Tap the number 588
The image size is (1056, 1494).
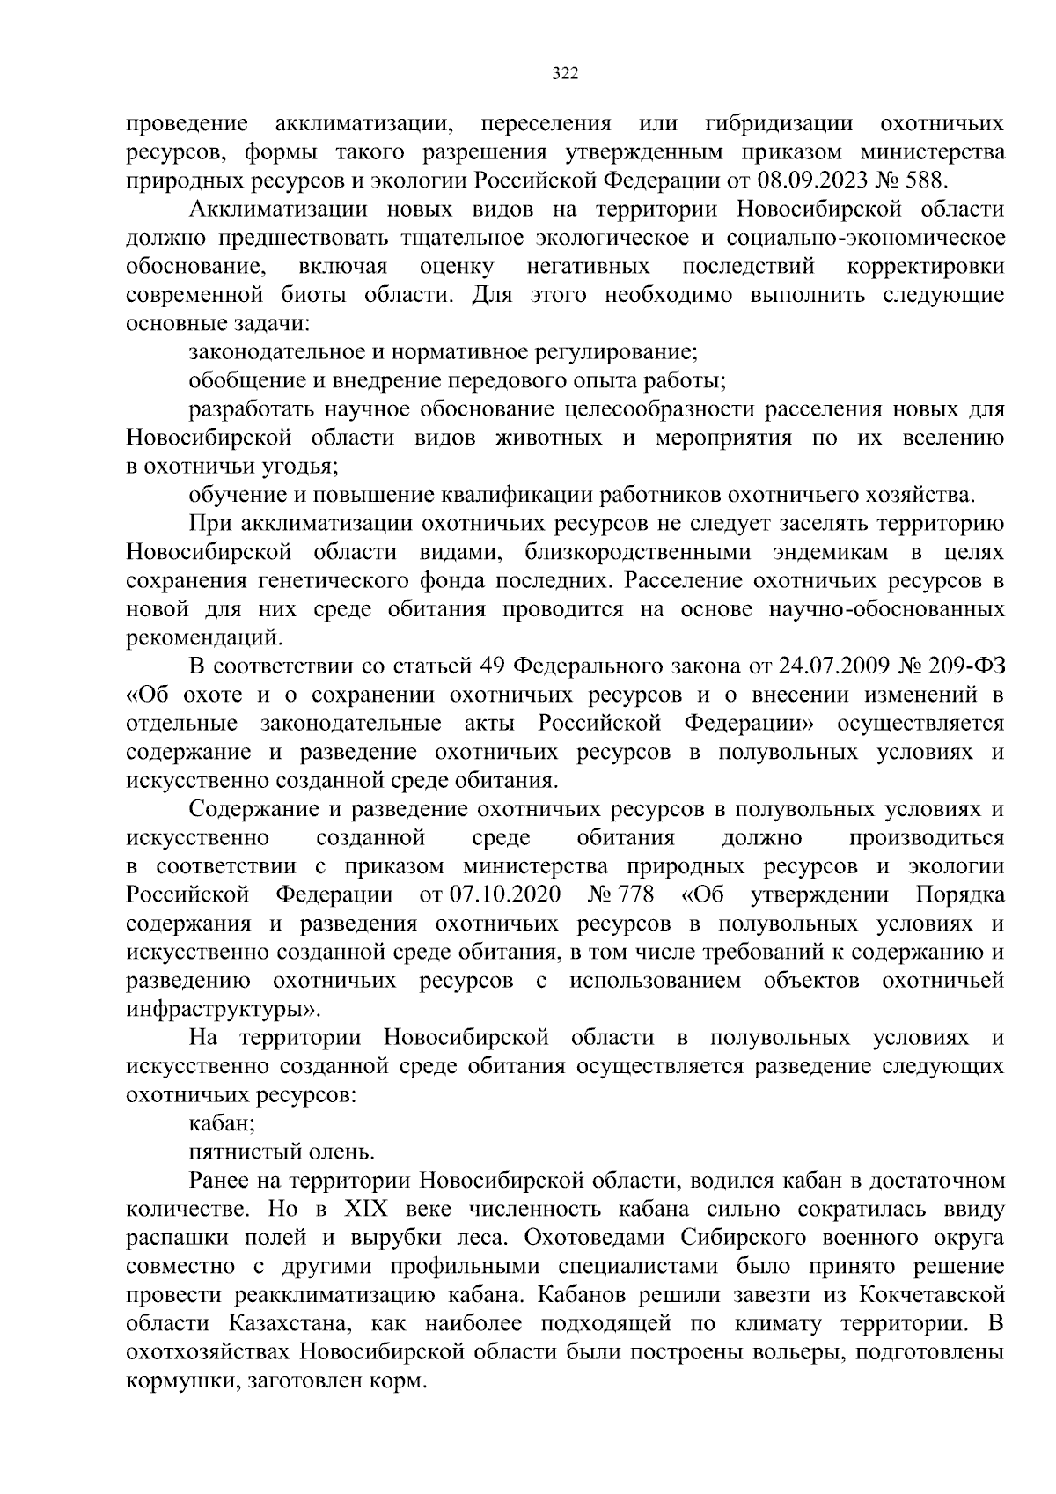point(925,180)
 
